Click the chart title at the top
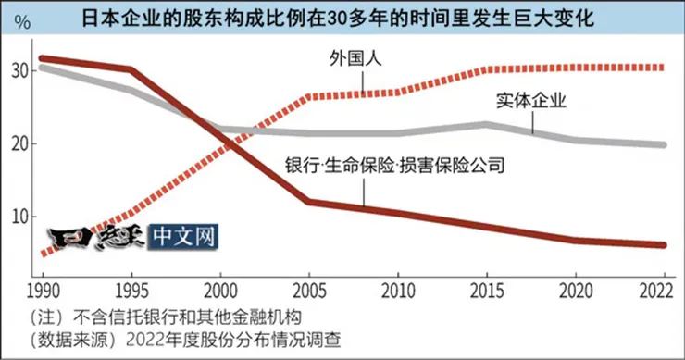(342, 18)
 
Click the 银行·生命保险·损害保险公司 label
(395, 167)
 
